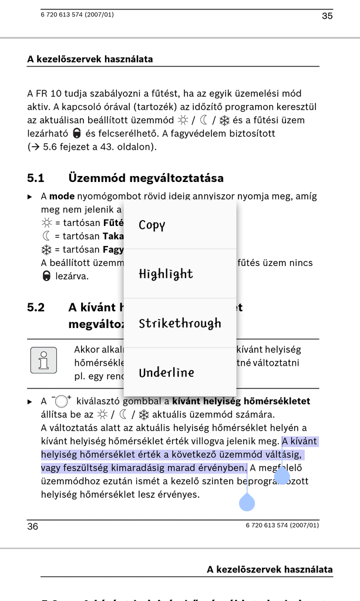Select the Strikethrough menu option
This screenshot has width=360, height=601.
[x=180, y=323]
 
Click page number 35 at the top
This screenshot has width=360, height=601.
[x=327, y=16]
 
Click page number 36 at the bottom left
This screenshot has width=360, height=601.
[x=33, y=526]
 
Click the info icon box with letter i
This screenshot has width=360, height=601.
[x=43, y=360]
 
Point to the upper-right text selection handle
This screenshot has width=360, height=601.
[x=282, y=474]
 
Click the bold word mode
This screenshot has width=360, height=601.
[x=62, y=196]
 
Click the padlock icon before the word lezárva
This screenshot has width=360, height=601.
[x=46, y=276]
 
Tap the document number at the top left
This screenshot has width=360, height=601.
[x=77, y=15]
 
